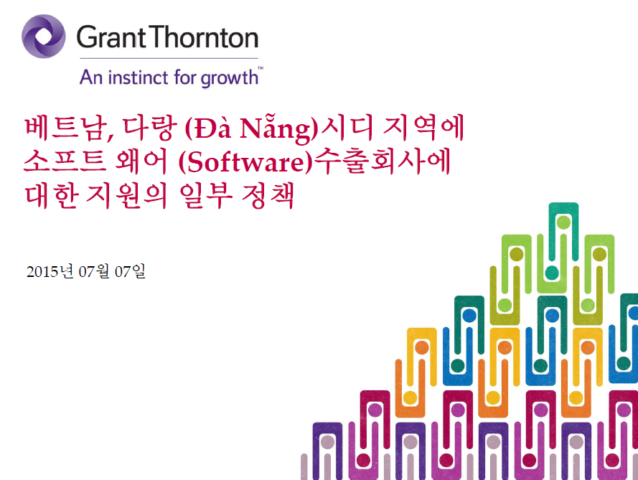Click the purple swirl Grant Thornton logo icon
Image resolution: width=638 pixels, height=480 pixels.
pyautogui.click(x=44, y=37)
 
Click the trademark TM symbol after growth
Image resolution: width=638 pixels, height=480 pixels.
pyautogui.click(x=261, y=68)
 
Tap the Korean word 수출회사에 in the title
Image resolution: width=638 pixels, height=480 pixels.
pyautogui.click(x=383, y=161)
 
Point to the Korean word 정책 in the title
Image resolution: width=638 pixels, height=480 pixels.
pyautogui.click(x=268, y=196)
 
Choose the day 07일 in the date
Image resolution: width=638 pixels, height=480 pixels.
pyautogui.click(x=130, y=271)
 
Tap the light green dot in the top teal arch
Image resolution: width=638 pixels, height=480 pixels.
pyautogui.click(x=563, y=222)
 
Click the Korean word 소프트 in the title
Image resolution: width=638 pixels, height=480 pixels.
pyautogui.click(x=65, y=161)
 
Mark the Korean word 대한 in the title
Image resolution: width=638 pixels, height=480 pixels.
pyautogui.click(x=51, y=196)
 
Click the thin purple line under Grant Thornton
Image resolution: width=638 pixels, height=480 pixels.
pyautogui.click(x=169, y=58)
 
